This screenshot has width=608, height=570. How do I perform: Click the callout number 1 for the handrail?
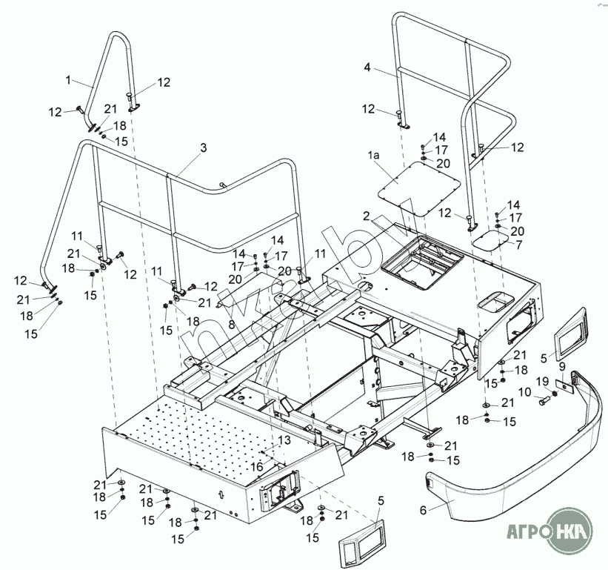69,79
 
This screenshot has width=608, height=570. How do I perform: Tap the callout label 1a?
374,156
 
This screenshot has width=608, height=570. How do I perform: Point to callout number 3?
203,148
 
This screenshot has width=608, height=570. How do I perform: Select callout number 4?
367,67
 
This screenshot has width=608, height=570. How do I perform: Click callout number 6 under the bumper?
424,510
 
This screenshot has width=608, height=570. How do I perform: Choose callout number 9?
562,365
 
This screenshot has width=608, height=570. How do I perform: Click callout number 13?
284,440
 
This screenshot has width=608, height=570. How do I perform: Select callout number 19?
543,381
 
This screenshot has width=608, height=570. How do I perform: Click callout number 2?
366,215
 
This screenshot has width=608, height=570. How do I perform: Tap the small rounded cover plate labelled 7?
491,239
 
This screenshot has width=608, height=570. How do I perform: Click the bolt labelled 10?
545,401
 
